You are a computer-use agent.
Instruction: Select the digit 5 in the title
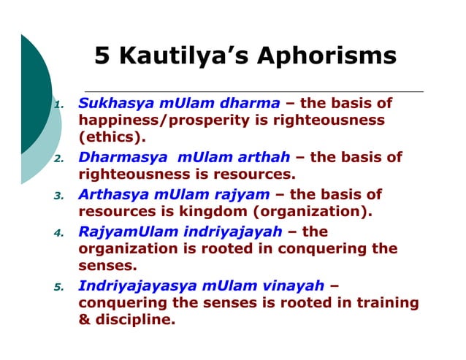(102, 56)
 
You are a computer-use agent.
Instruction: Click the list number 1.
(61, 104)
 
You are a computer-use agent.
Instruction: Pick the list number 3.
(60, 196)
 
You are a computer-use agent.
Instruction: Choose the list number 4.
(60, 234)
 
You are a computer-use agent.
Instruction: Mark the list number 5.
(60, 287)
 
